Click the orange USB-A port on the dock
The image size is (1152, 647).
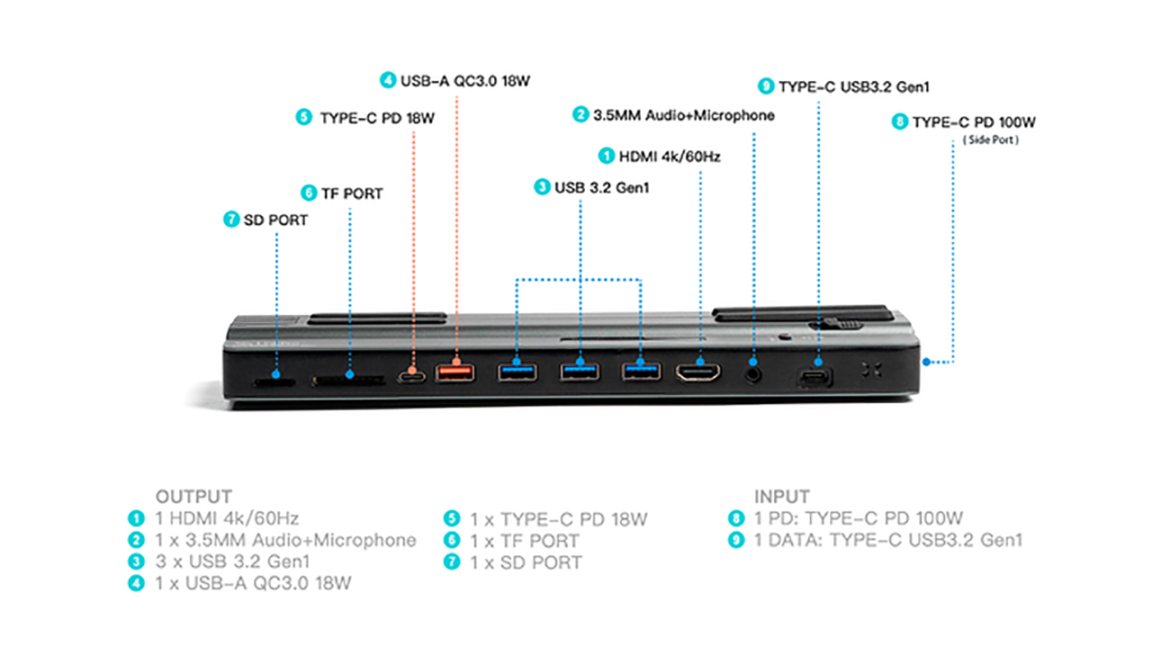[x=455, y=372]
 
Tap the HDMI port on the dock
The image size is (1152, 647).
[x=699, y=373]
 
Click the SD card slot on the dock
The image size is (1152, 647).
[x=275, y=382]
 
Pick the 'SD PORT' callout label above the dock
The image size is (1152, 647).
[x=275, y=220]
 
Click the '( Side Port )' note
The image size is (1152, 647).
[x=990, y=140]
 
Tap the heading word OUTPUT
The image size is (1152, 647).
[x=193, y=497]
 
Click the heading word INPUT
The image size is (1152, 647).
[x=781, y=497]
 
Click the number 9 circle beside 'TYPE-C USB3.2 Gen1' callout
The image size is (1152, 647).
[x=766, y=86]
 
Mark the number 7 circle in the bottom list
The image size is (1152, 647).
[x=452, y=562]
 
